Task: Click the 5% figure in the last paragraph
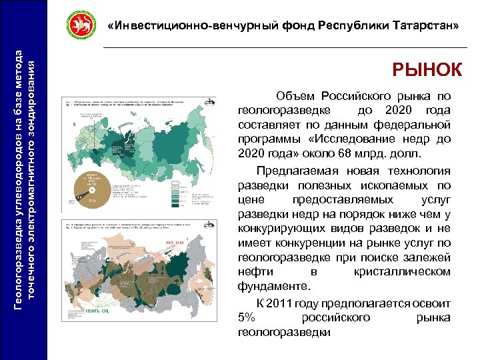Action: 246,317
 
